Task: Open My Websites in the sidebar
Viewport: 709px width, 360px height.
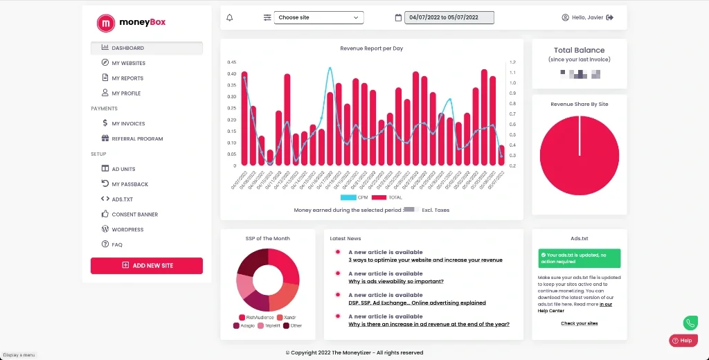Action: pyautogui.click(x=128, y=63)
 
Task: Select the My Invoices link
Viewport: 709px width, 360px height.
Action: pyautogui.click(x=128, y=123)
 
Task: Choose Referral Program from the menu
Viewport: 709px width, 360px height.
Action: pyautogui.click(x=137, y=138)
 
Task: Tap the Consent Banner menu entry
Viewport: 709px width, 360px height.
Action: pyautogui.click(x=134, y=215)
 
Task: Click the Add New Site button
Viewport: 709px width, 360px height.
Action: pyautogui.click(x=147, y=265)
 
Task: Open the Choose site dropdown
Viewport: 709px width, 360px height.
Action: pyautogui.click(x=318, y=17)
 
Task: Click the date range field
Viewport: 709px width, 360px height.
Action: pyautogui.click(x=449, y=17)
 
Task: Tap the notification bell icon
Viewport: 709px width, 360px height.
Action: pyautogui.click(x=230, y=17)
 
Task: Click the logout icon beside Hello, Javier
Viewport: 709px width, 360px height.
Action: pyautogui.click(x=610, y=17)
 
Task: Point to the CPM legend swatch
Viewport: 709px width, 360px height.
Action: pyautogui.click(x=348, y=197)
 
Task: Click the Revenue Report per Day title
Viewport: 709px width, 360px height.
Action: pyautogui.click(x=372, y=48)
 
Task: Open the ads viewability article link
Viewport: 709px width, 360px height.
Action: pyautogui.click(x=396, y=281)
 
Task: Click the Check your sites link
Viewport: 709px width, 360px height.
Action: pyautogui.click(x=580, y=323)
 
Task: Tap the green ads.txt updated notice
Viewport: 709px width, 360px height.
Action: pyautogui.click(x=580, y=258)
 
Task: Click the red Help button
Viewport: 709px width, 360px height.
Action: pyautogui.click(x=683, y=341)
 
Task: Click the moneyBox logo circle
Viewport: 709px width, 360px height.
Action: pyautogui.click(x=106, y=23)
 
